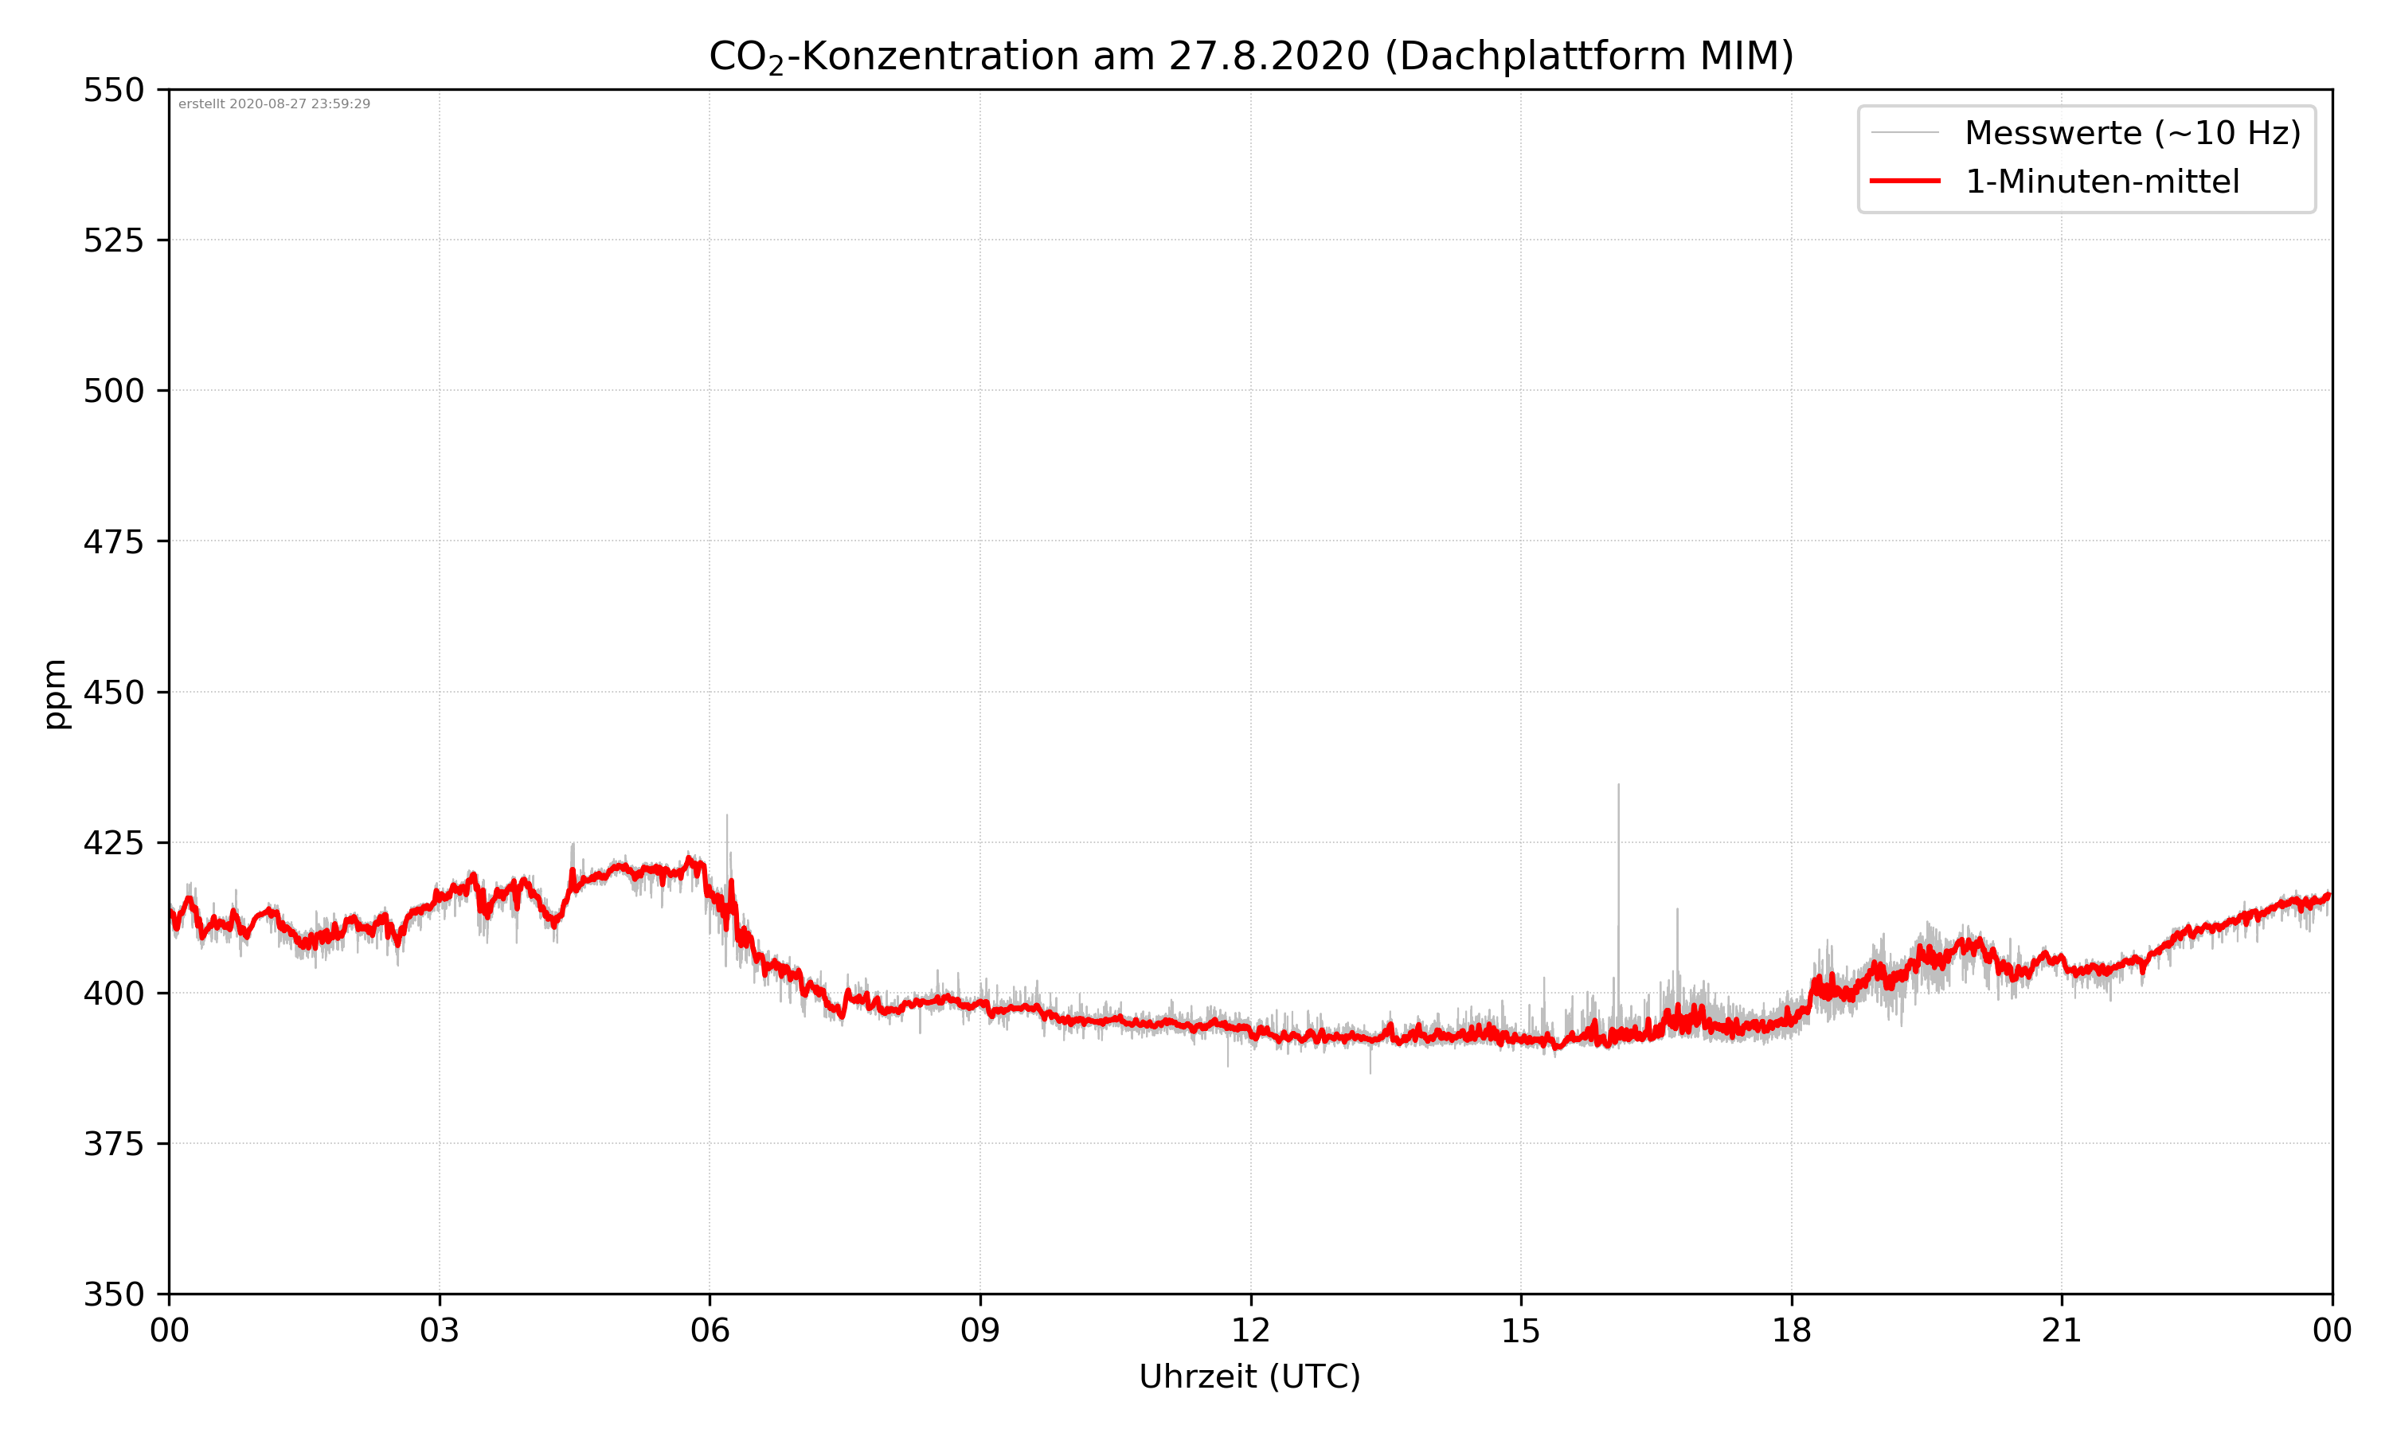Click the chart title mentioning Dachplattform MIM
pos(1250,56)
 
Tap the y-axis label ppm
pos(55,693)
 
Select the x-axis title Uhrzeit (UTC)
pos(1249,1376)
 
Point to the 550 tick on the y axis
pos(113,90)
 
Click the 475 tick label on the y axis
pos(113,541)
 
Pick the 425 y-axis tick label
pos(113,843)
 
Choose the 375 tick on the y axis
pos(113,1144)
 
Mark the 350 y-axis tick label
pos(113,1294)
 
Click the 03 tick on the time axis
pos(440,1330)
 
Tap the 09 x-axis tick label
pos(980,1330)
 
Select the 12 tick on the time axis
pos(1250,1330)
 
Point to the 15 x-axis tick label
pos(1521,1330)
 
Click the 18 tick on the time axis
pos(1791,1330)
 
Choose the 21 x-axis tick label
pos(2062,1330)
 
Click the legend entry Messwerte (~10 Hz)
pos(2132,133)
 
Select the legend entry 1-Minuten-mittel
pos(2102,182)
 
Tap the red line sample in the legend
pos(1904,181)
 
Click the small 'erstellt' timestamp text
pos(274,104)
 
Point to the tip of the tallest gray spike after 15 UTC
pos(1618,785)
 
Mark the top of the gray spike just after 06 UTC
pos(727,815)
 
